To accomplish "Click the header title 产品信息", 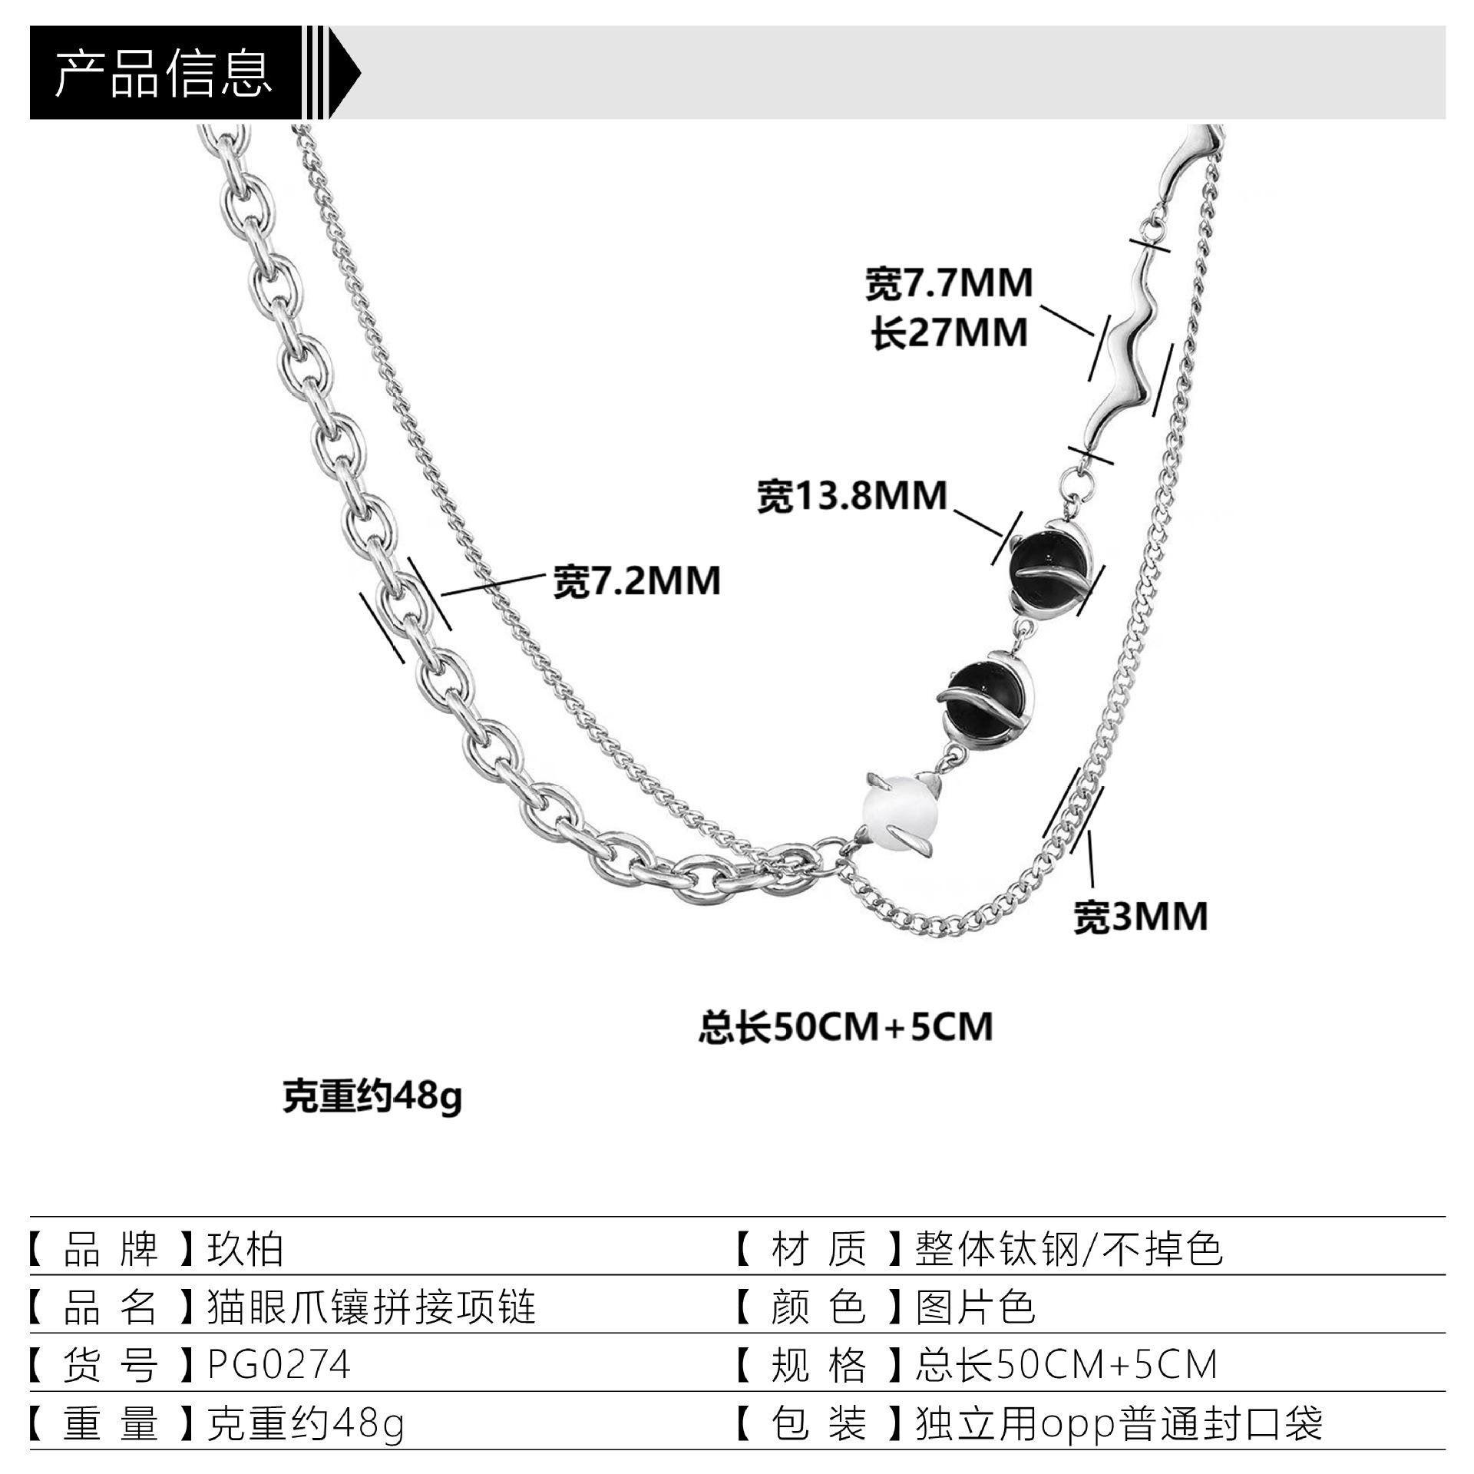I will (164, 74).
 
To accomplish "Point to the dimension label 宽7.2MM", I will (637, 581).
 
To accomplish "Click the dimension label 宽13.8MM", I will (852, 496).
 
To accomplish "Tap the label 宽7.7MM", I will (949, 283).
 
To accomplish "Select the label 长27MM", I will (949, 333).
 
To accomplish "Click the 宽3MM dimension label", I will (1140, 917).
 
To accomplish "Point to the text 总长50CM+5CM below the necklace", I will (845, 1027).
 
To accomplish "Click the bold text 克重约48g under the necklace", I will (372, 1097).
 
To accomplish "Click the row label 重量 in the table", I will (111, 1423).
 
